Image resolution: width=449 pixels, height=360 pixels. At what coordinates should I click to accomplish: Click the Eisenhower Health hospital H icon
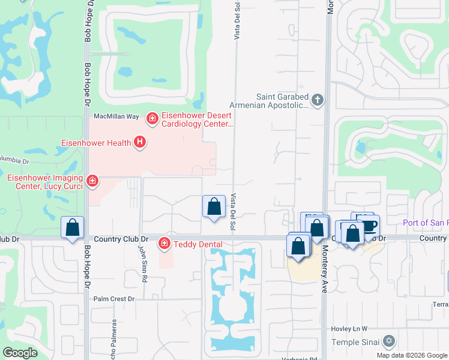coord(140,142)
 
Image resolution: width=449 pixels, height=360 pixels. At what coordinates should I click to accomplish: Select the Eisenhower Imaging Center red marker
coord(92,180)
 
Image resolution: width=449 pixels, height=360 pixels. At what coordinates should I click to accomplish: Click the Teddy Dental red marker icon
coord(163,243)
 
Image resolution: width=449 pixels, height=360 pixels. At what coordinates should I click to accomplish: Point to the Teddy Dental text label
coord(197,244)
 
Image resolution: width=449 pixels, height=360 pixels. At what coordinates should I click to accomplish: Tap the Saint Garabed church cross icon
coord(318,100)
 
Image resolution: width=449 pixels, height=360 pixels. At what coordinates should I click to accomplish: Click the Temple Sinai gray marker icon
coord(388,341)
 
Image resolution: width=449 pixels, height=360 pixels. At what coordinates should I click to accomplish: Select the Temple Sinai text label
coord(358,342)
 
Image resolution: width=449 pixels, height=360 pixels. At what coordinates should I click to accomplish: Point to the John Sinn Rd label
coord(143,264)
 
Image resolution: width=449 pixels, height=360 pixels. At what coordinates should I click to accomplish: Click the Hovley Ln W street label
coord(349,329)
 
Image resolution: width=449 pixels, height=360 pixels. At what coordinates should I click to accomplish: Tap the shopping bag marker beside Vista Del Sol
coord(214,207)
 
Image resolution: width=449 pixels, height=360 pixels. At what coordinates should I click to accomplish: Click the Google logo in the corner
coord(20,353)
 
